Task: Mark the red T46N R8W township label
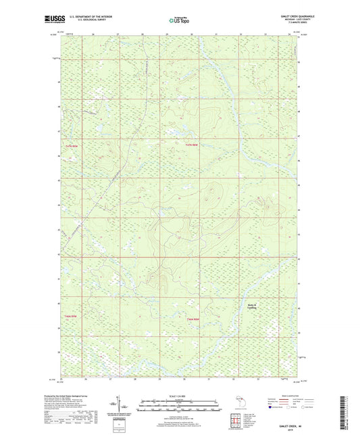pyautogui.click(x=193, y=318)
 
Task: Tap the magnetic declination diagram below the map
pyautogui.click(x=118, y=407)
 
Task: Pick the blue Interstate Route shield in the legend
pyautogui.click(x=272, y=407)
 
